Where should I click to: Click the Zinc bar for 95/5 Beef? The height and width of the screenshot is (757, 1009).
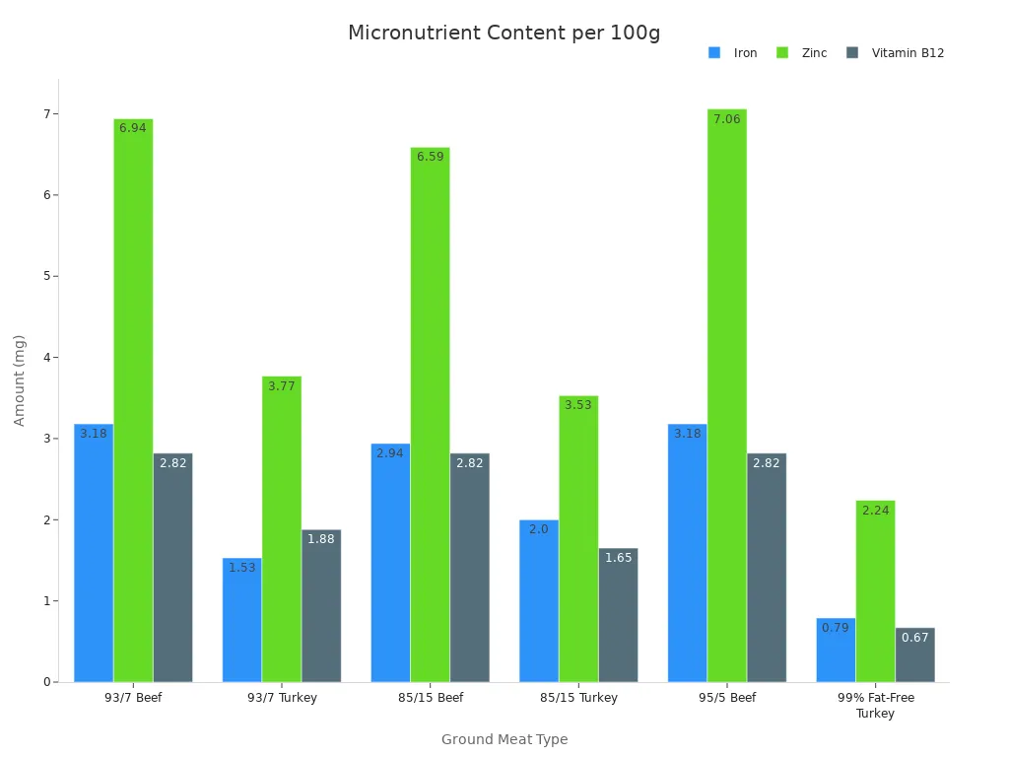726,394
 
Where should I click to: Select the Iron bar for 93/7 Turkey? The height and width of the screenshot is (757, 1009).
241,620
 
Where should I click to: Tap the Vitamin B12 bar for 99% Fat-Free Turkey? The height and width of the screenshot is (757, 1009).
914,654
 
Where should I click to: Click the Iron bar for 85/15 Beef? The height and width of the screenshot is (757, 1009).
390,563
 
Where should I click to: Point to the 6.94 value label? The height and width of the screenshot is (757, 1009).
133,128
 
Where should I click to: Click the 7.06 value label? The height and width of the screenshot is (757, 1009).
726,119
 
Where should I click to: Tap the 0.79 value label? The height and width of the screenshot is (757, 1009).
835,628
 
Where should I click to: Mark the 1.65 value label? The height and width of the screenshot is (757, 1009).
618,558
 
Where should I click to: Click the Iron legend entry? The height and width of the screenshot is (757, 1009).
733,53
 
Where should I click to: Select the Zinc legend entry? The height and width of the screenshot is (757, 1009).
802,53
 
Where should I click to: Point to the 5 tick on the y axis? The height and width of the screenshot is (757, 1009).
48,276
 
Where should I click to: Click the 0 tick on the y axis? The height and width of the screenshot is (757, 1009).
48,682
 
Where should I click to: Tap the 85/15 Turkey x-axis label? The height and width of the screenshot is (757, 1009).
578,698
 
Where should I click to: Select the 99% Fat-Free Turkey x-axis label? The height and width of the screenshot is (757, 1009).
875,705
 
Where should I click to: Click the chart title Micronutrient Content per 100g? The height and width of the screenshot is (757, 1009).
504,33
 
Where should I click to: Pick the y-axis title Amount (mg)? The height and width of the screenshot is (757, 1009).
20,380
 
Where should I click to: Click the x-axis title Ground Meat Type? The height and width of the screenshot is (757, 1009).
504,739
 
